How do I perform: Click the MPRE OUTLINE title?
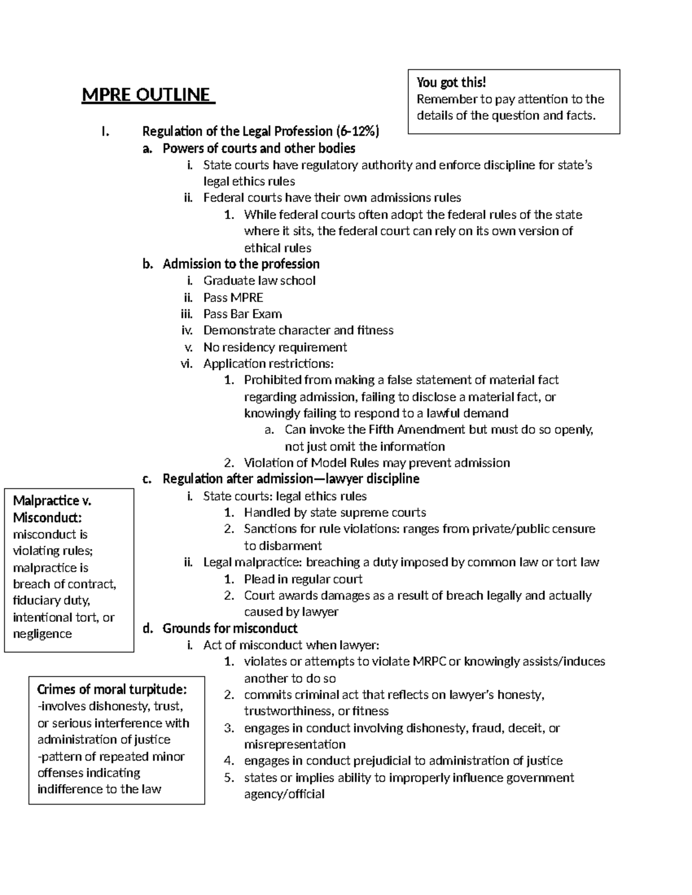point(148,95)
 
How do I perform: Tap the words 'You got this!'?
point(452,82)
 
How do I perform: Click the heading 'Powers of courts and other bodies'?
point(258,148)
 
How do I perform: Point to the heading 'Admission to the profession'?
point(241,264)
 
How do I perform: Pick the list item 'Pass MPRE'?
point(233,297)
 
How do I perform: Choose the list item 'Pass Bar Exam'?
point(242,314)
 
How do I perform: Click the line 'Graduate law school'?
point(259,281)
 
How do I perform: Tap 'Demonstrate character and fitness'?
point(298,330)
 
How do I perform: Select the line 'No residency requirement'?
point(275,347)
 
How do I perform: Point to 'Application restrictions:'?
point(268,364)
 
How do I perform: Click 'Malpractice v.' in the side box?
point(52,501)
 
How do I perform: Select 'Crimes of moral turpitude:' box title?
point(112,689)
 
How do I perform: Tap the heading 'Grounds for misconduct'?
point(230,628)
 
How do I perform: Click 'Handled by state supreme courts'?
point(334,512)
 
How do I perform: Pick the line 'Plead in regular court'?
point(303,579)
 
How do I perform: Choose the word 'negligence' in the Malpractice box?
point(42,634)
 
